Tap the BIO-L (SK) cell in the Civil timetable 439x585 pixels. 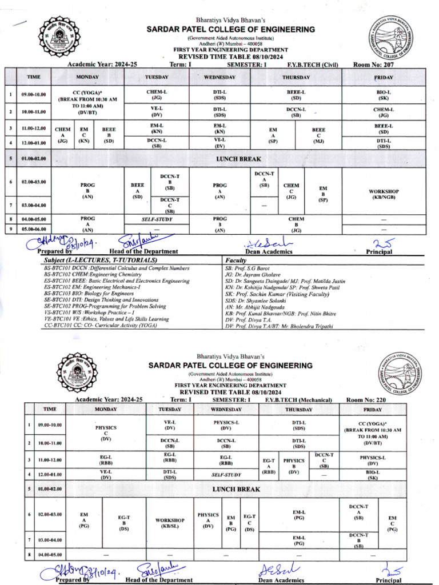tap(383, 95)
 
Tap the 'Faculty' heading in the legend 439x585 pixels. tap(236, 260)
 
